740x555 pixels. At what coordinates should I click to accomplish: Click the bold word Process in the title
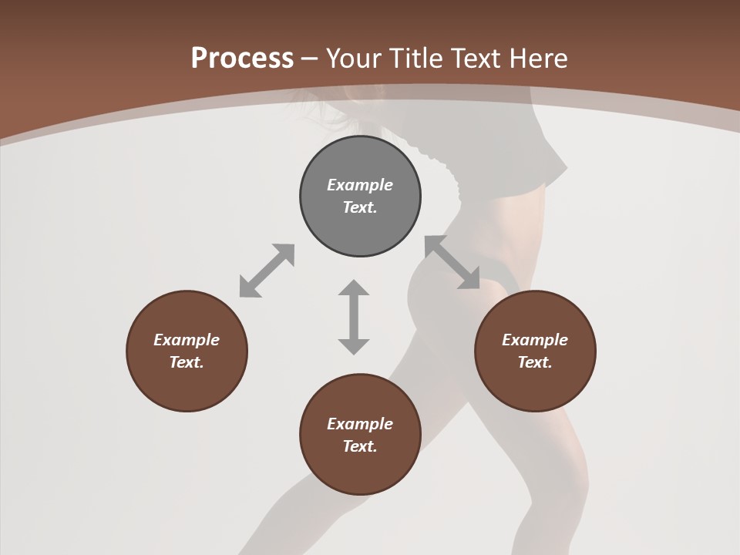coord(242,59)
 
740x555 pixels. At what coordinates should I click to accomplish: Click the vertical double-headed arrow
coord(354,317)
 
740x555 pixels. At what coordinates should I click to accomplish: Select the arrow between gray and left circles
coord(267,271)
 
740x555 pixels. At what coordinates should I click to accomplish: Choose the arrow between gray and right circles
coord(452,262)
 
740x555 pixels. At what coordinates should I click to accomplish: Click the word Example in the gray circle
coord(360,185)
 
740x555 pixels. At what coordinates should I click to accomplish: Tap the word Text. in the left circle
coord(187,362)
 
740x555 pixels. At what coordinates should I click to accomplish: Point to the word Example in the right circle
coord(535,340)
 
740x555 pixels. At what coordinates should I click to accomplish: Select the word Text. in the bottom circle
coord(360,446)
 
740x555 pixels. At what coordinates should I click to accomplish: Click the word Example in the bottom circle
coord(360,424)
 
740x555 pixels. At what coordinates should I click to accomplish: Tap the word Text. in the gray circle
coord(360,207)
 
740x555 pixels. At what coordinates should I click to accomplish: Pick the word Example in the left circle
coord(187,340)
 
